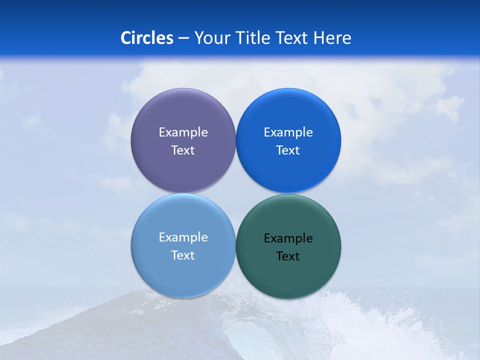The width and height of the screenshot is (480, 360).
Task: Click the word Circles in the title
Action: click(x=146, y=38)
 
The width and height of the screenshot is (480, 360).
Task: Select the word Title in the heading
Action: click(x=254, y=38)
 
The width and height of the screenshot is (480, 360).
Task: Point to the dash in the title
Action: click(x=183, y=38)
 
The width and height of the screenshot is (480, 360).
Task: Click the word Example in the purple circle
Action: click(x=183, y=132)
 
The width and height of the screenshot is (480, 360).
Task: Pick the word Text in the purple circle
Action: click(x=183, y=150)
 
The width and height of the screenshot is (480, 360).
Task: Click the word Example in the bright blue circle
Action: click(x=288, y=132)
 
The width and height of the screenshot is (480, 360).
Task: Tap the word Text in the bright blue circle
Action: click(x=288, y=150)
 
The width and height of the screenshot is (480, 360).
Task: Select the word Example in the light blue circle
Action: click(x=183, y=237)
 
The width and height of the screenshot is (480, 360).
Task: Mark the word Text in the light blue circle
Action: click(x=183, y=255)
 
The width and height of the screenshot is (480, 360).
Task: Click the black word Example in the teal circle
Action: click(x=288, y=238)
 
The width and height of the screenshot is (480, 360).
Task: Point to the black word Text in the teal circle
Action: click(x=288, y=256)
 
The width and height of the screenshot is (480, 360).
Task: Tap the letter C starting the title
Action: click(x=126, y=38)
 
